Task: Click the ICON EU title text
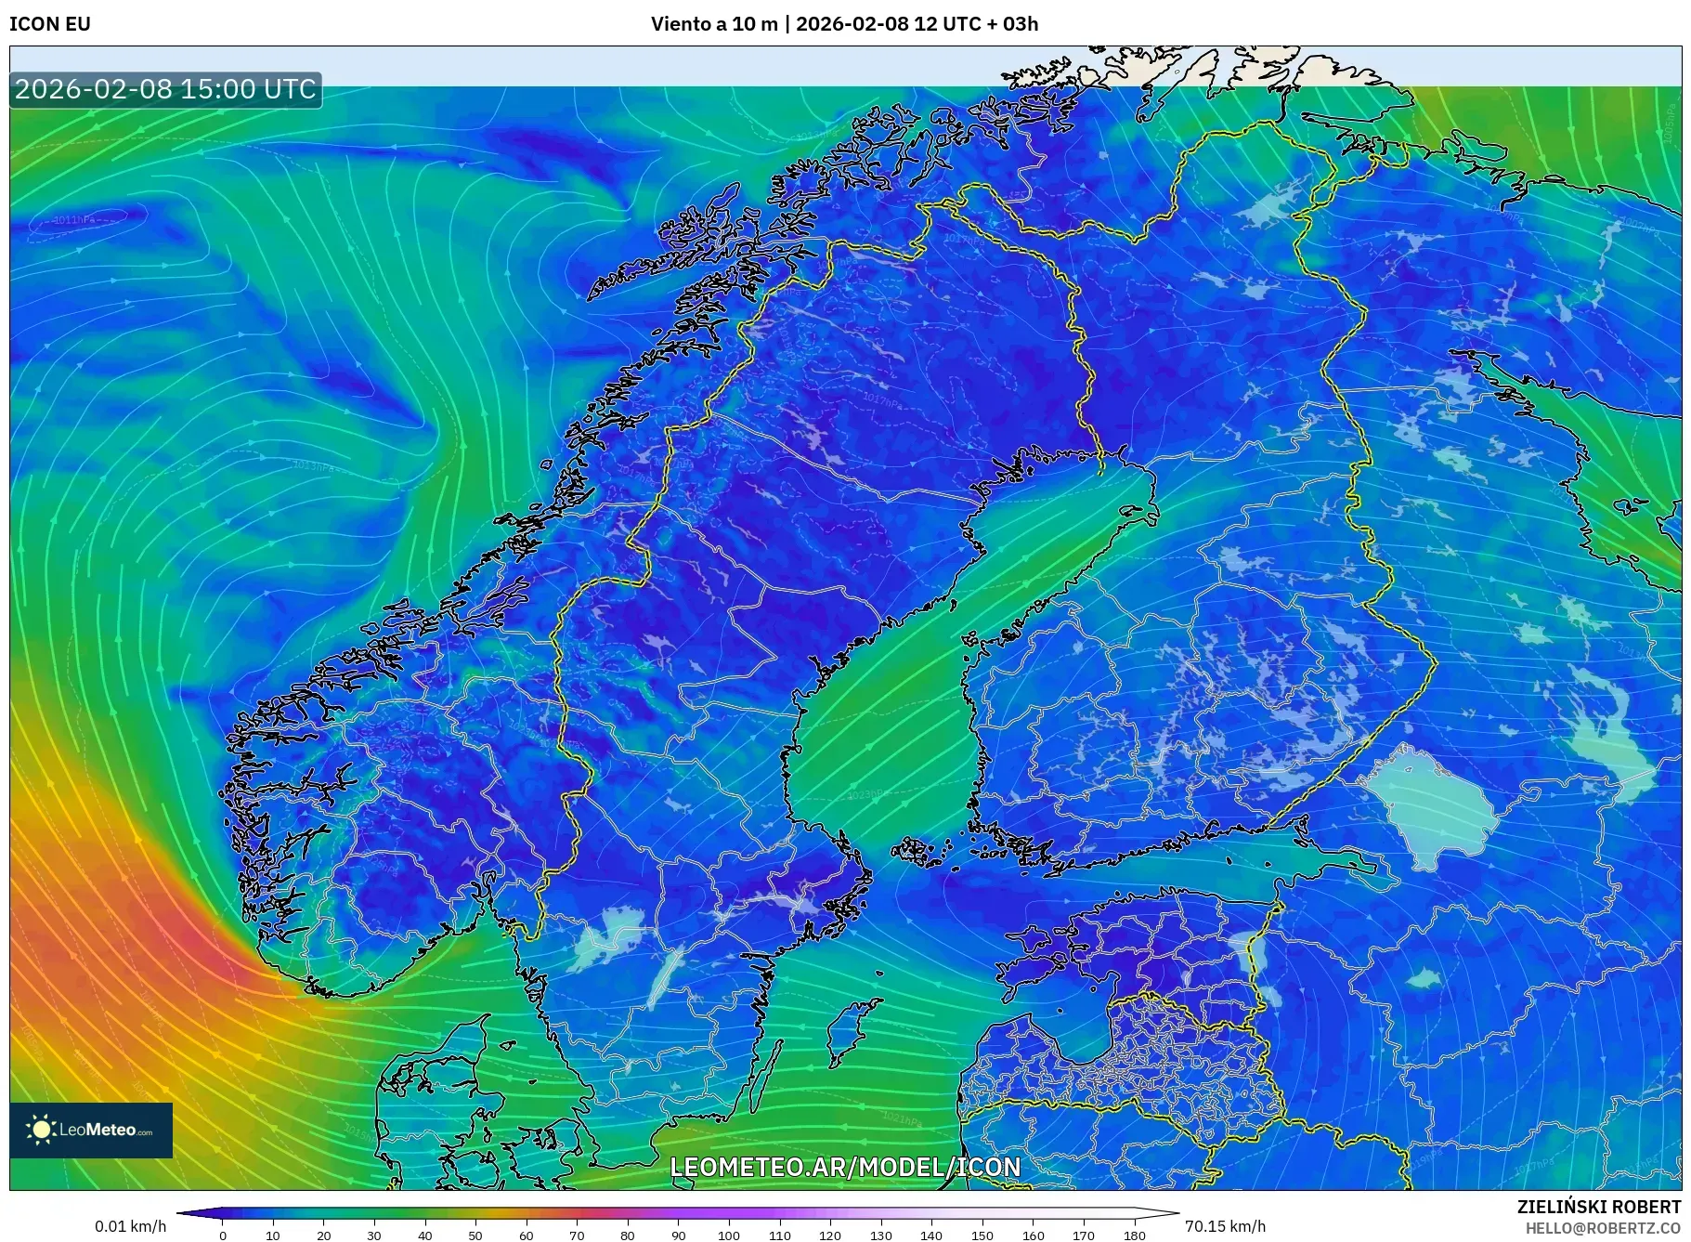pyautogui.click(x=50, y=24)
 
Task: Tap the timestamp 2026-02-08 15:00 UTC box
pyautogui.click(x=165, y=89)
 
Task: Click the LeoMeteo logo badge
pyautogui.click(x=91, y=1130)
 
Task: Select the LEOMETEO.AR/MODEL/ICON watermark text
pyautogui.click(x=845, y=1167)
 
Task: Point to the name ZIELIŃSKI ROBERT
pyautogui.click(x=1598, y=1207)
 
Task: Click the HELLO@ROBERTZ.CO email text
pyautogui.click(x=1603, y=1228)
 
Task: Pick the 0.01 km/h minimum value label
pyautogui.click(x=130, y=1226)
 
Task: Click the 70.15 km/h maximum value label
pyautogui.click(x=1225, y=1226)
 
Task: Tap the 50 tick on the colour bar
pyautogui.click(x=475, y=1235)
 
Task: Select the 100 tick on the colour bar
pyautogui.click(x=729, y=1235)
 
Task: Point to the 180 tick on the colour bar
pyautogui.click(x=1134, y=1235)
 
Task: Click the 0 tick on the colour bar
pyautogui.click(x=222, y=1235)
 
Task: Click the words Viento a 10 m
pyautogui.click(x=714, y=24)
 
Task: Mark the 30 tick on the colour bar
pyautogui.click(x=374, y=1235)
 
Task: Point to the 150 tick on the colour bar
pyautogui.click(x=982, y=1235)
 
